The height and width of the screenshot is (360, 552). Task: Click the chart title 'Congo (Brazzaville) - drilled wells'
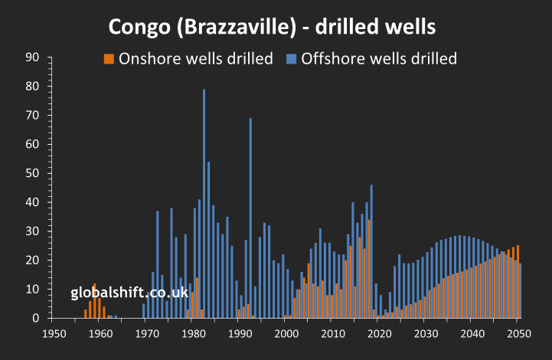[272, 27]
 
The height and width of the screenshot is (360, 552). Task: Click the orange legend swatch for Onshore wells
[109, 59]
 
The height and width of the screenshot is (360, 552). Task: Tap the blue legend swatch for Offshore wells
[291, 59]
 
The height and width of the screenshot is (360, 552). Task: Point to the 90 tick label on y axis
[33, 57]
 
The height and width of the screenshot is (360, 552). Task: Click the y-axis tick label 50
[33, 173]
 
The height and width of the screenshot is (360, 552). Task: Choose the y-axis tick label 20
[33, 260]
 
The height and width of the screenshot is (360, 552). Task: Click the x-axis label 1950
[54, 333]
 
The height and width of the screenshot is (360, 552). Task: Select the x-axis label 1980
[193, 333]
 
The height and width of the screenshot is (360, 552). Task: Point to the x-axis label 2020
[379, 333]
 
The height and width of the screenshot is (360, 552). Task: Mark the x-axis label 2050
[518, 333]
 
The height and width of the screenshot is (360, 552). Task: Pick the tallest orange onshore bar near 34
[369, 269]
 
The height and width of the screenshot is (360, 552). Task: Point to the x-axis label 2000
[286, 333]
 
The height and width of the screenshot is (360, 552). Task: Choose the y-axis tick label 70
[33, 115]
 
